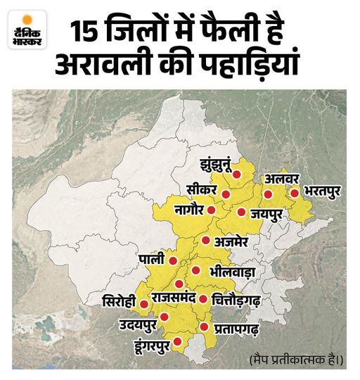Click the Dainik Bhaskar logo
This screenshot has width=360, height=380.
(26, 31)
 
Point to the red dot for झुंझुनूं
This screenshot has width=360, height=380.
(238, 174)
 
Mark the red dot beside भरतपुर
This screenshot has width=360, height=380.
(294, 191)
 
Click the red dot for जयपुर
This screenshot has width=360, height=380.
(241, 212)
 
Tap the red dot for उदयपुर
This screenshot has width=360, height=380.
(165, 317)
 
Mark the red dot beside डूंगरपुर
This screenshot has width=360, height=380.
(177, 342)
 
